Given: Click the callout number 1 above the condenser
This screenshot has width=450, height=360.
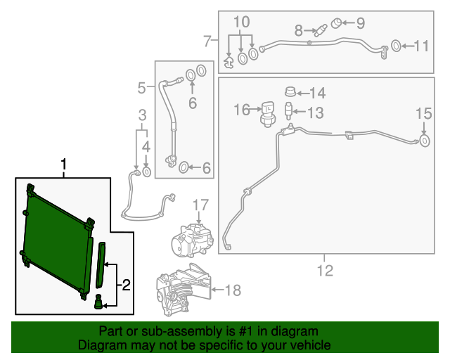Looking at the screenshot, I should [64, 166].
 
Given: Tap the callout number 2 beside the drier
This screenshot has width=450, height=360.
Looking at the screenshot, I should [127, 285].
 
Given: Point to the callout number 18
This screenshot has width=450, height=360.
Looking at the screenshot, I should [231, 289].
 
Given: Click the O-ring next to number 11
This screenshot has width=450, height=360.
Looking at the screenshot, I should [396, 46].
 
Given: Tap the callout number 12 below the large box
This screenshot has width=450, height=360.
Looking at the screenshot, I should [326, 270].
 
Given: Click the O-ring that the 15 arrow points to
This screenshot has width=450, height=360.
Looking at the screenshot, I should [424, 143].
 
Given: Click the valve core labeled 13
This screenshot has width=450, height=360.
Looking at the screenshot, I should [288, 110].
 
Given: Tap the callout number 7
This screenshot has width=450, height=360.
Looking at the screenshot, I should [207, 41].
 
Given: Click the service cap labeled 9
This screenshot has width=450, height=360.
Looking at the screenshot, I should [337, 22].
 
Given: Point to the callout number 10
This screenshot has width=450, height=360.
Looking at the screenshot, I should [241, 22].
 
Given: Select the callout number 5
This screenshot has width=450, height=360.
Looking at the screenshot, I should [141, 88].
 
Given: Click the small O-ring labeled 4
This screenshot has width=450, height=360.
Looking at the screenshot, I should [146, 171].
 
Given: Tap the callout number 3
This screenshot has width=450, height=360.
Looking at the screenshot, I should [142, 115].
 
